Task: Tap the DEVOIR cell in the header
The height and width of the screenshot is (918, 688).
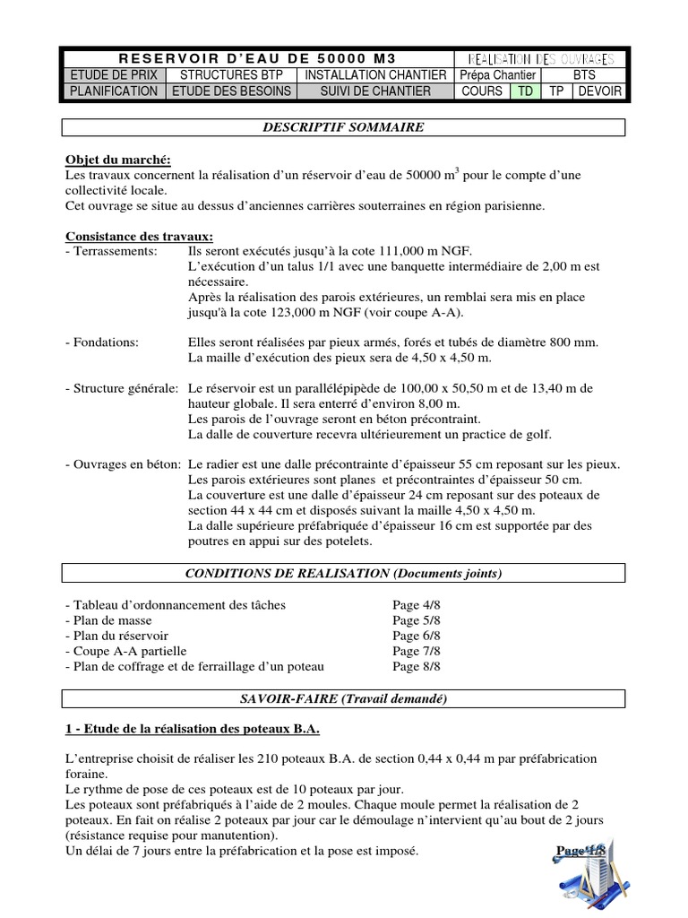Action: pos(599,91)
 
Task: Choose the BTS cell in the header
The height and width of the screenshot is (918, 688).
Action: pos(583,75)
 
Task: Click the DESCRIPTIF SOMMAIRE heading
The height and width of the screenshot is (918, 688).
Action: pos(344,127)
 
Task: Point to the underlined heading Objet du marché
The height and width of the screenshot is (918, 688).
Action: pos(117,160)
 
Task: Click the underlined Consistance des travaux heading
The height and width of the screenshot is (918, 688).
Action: pos(139,237)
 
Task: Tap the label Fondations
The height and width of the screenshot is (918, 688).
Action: pos(102,342)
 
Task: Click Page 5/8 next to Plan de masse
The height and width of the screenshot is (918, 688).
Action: pos(416,620)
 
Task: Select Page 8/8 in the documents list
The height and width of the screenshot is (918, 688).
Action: pos(416,667)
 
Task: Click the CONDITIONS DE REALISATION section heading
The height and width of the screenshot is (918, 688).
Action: pos(344,572)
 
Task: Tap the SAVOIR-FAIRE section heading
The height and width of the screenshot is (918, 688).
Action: pos(344,698)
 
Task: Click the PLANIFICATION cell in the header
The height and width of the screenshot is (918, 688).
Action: pos(114,91)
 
